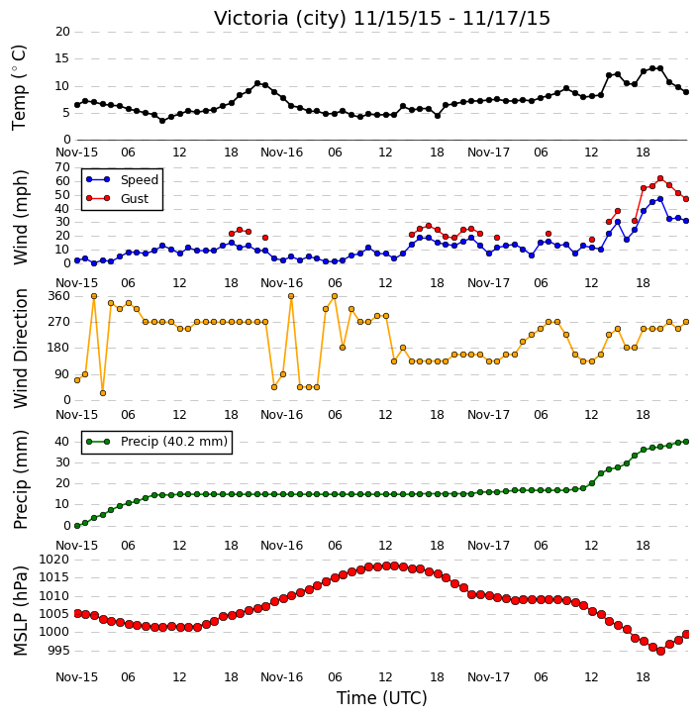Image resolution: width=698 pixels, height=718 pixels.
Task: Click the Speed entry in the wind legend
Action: pyautogui.click(x=140, y=180)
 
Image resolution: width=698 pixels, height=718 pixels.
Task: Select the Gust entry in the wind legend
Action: pyautogui.click(x=134, y=199)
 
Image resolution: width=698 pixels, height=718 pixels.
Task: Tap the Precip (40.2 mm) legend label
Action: pyautogui.click(x=174, y=442)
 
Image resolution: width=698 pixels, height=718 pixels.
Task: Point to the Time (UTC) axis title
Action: pyautogui.click(x=382, y=698)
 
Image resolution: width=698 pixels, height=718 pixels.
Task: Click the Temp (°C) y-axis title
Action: pyautogui.click(x=19, y=87)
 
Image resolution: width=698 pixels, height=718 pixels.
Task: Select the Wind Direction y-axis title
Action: pyautogui.click(x=20, y=349)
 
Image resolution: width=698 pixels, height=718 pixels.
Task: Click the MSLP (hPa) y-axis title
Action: pyautogui.click(x=20, y=611)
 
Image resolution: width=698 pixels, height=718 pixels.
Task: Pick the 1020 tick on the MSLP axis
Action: pyautogui.click(x=54, y=560)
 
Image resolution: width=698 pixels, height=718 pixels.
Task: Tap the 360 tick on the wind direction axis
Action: pyautogui.click(x=59, y=296)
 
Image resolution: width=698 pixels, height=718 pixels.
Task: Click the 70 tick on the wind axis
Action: pyautogui.click(x=62, y=167)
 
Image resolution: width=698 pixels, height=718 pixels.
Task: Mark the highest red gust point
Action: pyautogui.click(x=660, y=178)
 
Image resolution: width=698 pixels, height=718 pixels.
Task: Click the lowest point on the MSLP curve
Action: pyautogui.click(x=660, y=651)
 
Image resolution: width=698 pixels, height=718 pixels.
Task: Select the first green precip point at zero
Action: pyautogui.click(x=77, y=526)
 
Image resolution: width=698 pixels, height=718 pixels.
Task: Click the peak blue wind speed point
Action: pyautogui.click(x=660, y=199)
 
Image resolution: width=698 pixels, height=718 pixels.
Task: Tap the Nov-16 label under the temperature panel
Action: pyautogui.click(x=281, y=153)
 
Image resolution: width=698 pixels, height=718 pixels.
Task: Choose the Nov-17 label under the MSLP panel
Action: pyautogui.click(x=488, y=677)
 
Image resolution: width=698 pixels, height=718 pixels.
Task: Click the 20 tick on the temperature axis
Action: pyautogui.click(x=62, y=32)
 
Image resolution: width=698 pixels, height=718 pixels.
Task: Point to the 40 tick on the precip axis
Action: pyautogui.click(x=62, y=442)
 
